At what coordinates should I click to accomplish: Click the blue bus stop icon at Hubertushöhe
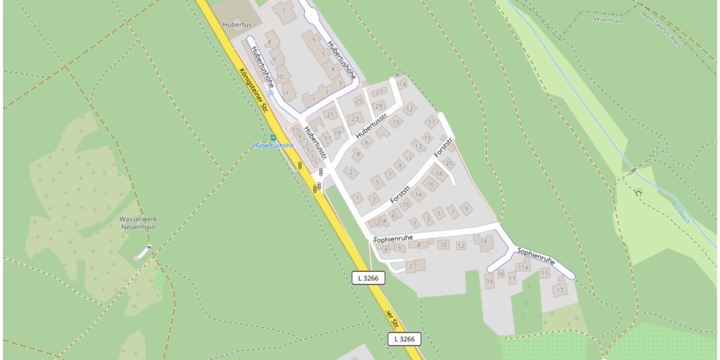click(x=274, y=137)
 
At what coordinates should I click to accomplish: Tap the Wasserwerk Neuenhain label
click(x=138, y=223)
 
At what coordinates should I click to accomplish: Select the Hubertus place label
click(x=235, y=25)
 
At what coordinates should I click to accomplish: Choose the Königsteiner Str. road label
click(x=253, y=90)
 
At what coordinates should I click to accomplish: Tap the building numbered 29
click(x=379, y=106)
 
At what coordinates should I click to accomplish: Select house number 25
click(x=359, y=101)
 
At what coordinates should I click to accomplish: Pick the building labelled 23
click(x=355, y=118)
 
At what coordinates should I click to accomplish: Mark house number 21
click(x=329, y=115)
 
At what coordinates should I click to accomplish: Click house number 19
click(x=337, y=133)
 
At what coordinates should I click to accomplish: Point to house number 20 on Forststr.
click(x=448, y=163)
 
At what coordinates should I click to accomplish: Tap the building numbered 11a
click(x=523, y=267)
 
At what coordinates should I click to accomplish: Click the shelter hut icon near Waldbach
click(x=638, y=193)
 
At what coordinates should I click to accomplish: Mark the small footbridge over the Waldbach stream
click(x=633, y=171)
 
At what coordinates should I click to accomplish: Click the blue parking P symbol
click(x=271, y=93)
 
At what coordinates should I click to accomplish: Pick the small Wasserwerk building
click(x=142, y=253)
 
